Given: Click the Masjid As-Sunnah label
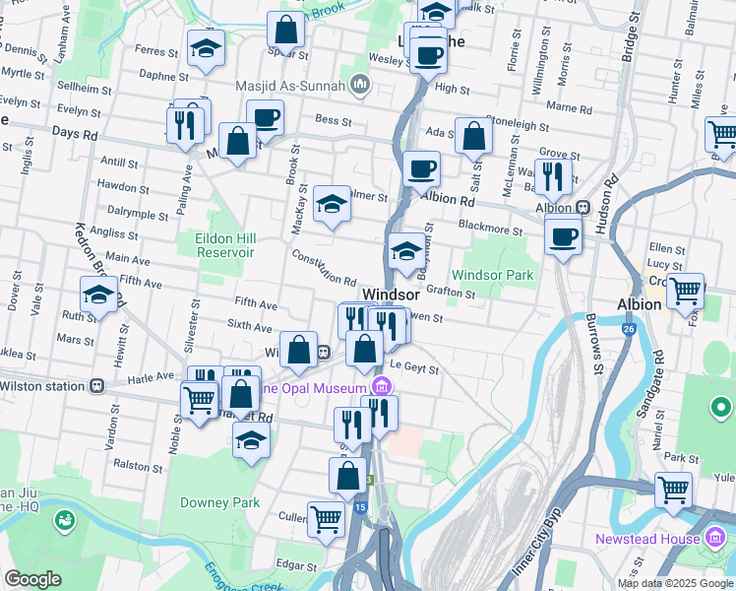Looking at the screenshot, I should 289,86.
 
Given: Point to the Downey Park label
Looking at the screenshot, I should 220,502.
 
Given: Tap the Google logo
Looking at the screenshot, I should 33,579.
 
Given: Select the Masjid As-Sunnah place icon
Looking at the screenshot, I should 358,86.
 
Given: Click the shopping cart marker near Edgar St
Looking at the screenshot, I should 326,516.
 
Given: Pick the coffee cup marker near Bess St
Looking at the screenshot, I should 265,118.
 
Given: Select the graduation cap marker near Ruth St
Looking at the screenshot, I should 99,294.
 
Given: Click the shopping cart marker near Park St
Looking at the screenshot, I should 674,489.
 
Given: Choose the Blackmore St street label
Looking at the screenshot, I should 492,230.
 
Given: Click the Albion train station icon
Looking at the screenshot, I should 583,208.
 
